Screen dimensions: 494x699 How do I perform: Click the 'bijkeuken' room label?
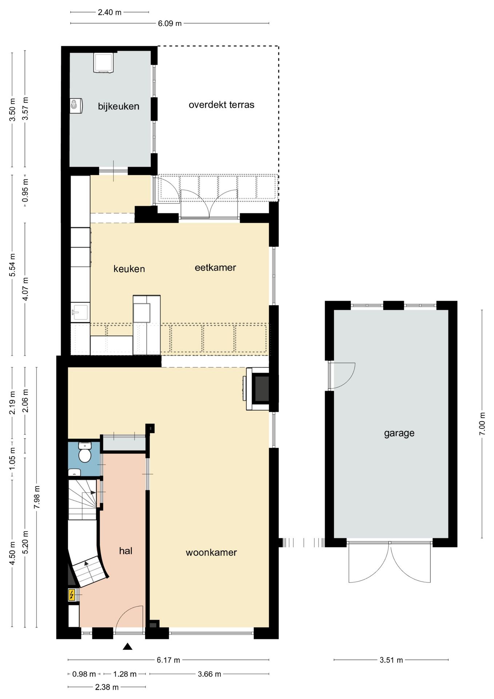tap(119, 107)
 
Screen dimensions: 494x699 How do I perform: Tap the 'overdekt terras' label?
tap(221, 105)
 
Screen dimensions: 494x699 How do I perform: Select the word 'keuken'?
tap(129, 269)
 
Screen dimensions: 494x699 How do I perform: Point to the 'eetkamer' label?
tap(215, 268)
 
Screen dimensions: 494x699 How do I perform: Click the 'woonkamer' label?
tap(211, 553)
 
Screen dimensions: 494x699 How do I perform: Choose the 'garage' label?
tap(399, 433)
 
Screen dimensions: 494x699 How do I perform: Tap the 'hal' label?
tap(126, 551)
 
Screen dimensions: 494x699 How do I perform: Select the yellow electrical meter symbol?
tap(72, 595)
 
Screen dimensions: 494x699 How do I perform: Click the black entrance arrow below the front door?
tap(127, 647)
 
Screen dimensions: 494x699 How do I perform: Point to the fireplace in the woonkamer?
tap(258, 389)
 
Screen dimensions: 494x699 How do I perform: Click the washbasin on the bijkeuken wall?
tap(76, 106)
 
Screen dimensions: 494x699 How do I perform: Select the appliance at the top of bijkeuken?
tap(103, 63)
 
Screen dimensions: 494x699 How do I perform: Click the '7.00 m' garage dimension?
tap(482, 424)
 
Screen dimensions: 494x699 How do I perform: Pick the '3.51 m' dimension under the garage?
tap(391, 660)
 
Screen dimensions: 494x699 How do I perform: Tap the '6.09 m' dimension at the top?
tap(170, 24)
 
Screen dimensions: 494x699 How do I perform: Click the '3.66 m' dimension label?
tap(209, 674)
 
